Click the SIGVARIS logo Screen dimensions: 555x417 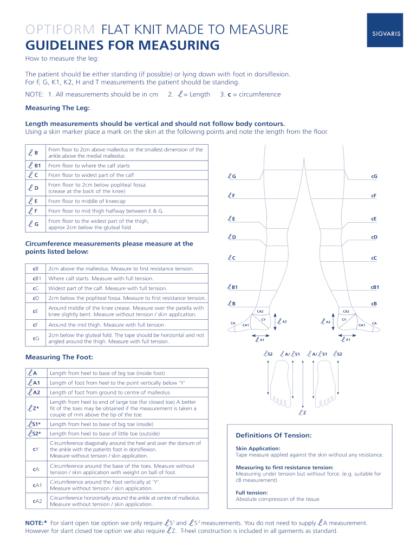click(x=386, y=33)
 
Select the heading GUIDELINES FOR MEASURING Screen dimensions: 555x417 click(x=122, y=45)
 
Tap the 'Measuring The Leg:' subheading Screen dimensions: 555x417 click(x=57, y=108)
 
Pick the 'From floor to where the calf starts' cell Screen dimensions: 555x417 click(x=89, y=165)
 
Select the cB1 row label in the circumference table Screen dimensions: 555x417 click(x=37, y=279)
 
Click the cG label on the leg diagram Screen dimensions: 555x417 click(x=374, y=177)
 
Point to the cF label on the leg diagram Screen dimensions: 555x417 click(x=374, y=196)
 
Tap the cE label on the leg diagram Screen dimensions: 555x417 click(x=374, y=219)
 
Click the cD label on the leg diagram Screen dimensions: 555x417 click(x=374, y=237)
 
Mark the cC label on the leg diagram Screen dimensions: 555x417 click(x=374, y=258)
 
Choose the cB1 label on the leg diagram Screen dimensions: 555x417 click(x=375, y=287)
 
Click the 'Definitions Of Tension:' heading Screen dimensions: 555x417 click(x=273, y=435)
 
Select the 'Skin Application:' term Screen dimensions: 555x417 click(x=257, y=449)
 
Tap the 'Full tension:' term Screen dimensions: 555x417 click(x=251, y=493)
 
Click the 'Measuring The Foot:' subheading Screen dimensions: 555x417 click(x=59, y=357)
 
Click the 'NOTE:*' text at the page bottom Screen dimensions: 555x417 click(x=36, y=523)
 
